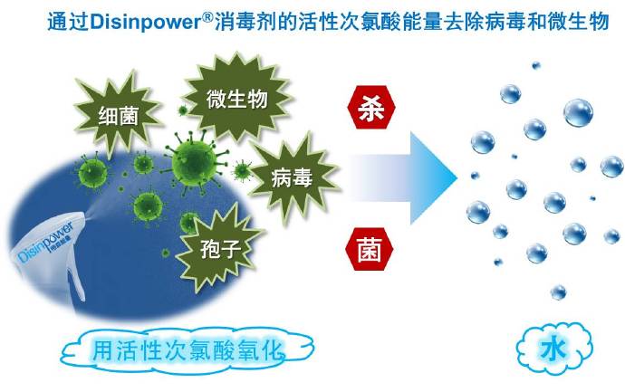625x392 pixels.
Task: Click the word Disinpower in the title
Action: pos(146,22)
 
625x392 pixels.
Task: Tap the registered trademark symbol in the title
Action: pos(208,16)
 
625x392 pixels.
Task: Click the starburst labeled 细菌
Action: pos(118,113)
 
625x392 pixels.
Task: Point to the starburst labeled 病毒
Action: pos(293,177)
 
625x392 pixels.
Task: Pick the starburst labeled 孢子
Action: pos(218,248)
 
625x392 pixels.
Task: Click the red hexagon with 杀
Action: pos(371,107)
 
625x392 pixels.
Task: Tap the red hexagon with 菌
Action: pos(370,249)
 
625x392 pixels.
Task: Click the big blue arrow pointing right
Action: pos(402,178)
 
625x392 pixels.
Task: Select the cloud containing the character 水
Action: pos(553,349)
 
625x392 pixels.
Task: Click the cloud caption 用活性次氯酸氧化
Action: pos(187,350)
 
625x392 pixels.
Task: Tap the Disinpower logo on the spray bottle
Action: pos(45,243)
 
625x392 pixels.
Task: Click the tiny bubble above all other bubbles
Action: pos(536,65)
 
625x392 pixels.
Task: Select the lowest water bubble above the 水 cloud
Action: pos(559,292)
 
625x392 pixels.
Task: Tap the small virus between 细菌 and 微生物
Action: pos(183,110)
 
